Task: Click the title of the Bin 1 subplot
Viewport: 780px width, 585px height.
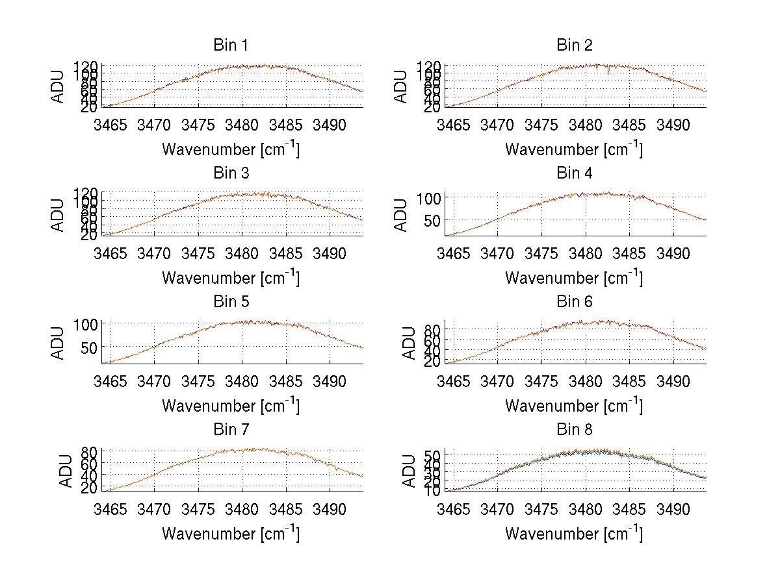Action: (x=230, y=45)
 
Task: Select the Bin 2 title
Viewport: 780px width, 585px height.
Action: (x=574, y=45)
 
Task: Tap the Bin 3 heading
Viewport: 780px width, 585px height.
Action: (x=230, y=173)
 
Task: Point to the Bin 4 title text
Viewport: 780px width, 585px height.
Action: (x=574, y=173)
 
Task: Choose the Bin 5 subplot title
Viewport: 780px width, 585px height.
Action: (x=230, y=302)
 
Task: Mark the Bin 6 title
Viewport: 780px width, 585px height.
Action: (x=574, y=302)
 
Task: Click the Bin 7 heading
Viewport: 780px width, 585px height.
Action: (x=230, y=430)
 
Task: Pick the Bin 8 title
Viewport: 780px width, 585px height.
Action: (x=574, y=430)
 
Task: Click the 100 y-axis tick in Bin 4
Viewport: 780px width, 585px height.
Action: (x=430, y=197)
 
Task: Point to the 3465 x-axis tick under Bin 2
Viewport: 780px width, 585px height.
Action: (x=453, y=125)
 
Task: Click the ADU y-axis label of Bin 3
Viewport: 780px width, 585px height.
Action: (x=58, y=215)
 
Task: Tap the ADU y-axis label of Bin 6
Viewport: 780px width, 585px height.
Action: (x=409, y=343)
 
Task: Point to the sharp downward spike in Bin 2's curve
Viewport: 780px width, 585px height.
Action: (x=608, y=72)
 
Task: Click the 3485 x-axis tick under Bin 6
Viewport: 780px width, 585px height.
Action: (x=629, y=381)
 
